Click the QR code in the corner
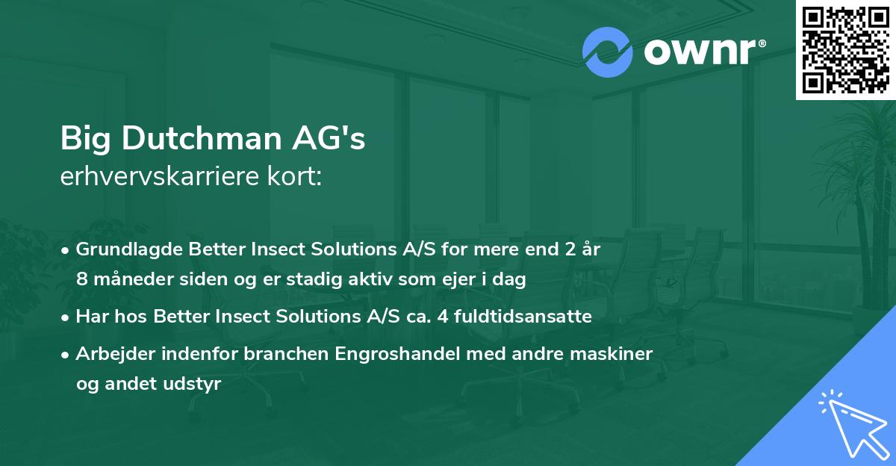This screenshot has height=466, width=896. (x=846, y=49)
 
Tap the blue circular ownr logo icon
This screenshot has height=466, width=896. (x=608, y=52)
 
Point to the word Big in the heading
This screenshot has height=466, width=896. (x=84, y=139)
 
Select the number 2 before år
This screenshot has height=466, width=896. (x=568, y=249)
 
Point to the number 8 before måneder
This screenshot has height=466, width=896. (x=82, y=279)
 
